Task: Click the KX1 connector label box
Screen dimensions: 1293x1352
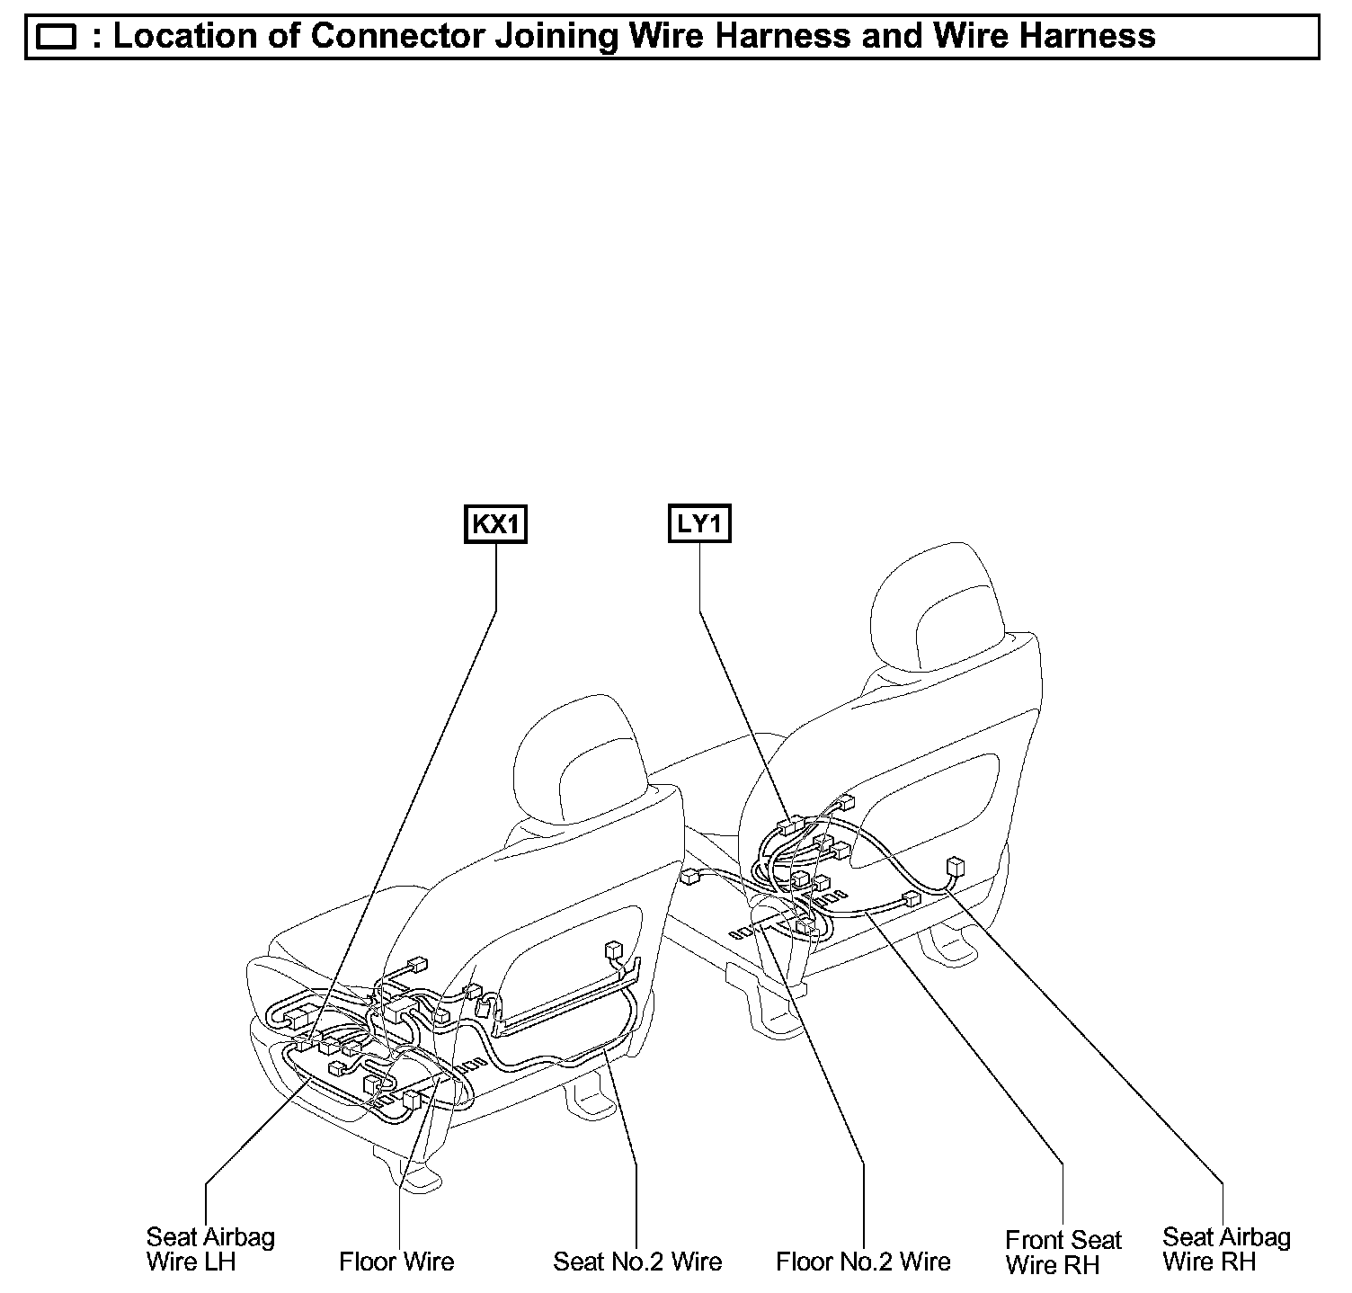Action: (495, 524)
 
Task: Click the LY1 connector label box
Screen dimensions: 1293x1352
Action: (699, 523)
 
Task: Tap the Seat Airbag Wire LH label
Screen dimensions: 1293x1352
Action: (210, 1249)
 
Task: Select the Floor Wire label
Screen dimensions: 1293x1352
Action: (396, 1262)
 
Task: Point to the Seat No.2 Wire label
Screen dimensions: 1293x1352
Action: (637, 1262)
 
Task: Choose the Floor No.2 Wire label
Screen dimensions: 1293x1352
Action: (863, 1262)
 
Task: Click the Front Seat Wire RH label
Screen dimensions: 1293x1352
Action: (1063, 1253)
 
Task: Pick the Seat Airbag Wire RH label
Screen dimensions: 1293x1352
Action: (1226, 1249)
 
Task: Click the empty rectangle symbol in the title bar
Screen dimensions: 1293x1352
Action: (58, 38)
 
